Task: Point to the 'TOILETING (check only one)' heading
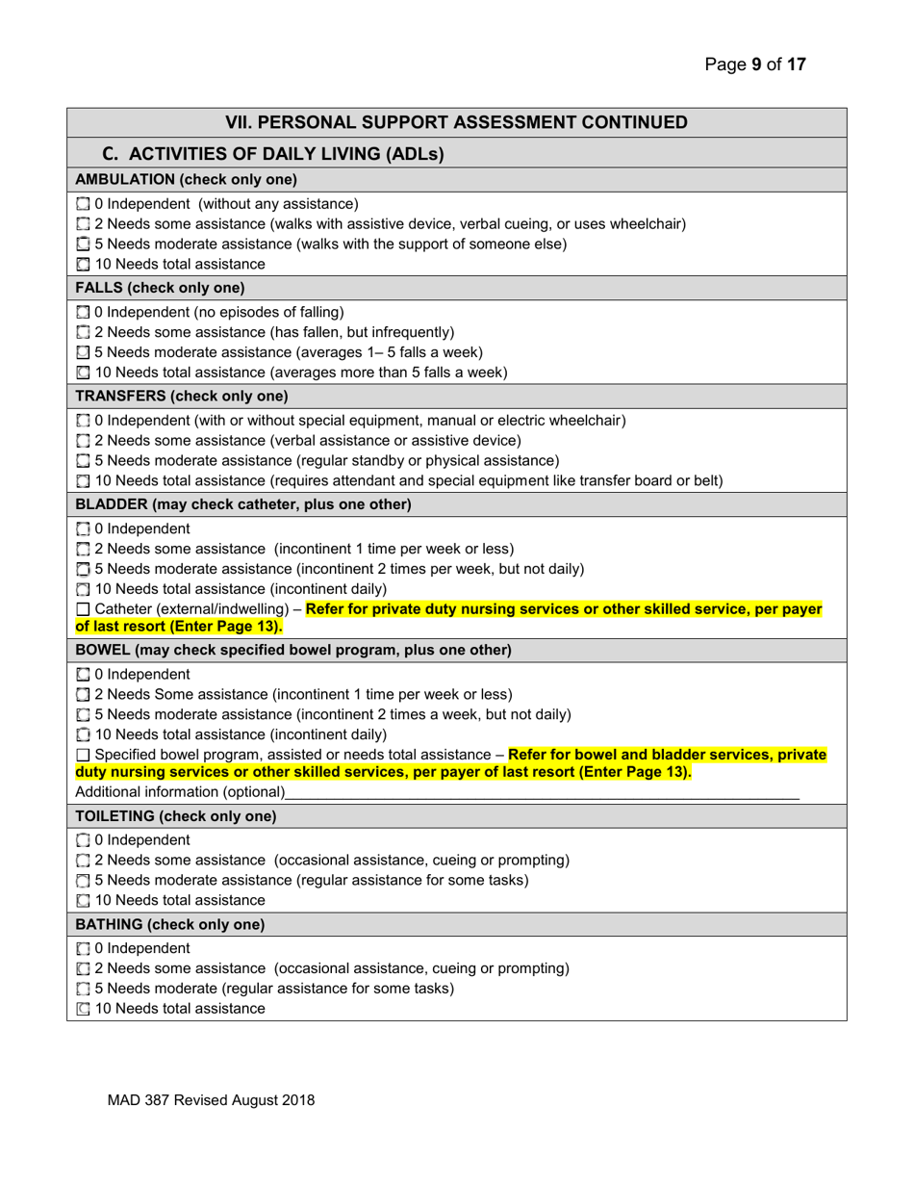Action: pyautogui.click(x=175, y=816)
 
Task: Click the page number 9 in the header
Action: pyautogui.click(x=756, y=65)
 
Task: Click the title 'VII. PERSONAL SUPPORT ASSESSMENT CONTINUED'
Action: pyautogui.click(x=456, y=122)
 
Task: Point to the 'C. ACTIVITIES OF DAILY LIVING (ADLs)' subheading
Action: pyautogui.click(x=272, y=153)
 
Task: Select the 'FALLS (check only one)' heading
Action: pyautogui.click(x=159, y=288)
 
